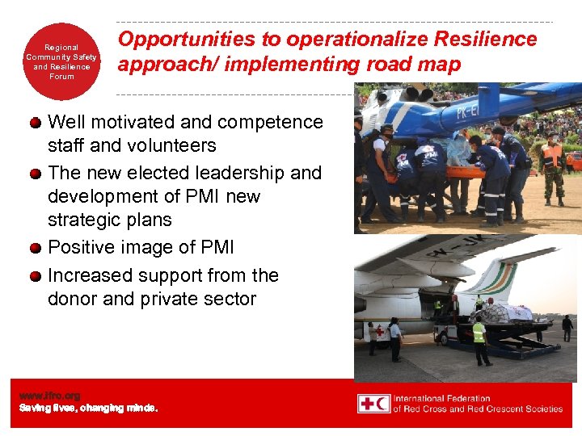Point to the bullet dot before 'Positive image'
[x=36, y=249]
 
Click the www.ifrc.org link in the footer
[x=50, y=396]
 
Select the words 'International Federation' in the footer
[x=442, y=398]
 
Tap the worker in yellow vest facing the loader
[x=479, y=339]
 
